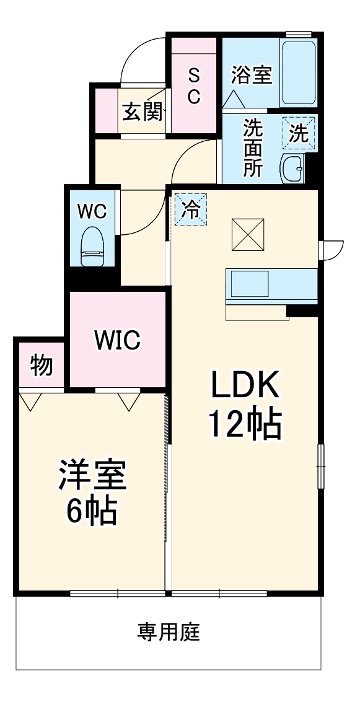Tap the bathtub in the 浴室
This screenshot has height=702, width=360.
tap(299, 72)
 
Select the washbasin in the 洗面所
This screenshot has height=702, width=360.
tap(292, 169)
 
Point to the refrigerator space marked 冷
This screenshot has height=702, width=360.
tap(191, 209)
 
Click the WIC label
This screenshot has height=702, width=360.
tap(117, 341)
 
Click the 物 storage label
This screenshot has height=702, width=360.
tap(42, 366)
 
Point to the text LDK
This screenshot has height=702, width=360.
tap(246, 385)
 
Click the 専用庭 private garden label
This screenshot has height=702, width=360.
tap(169, 632)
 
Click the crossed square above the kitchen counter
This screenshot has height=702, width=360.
tap(248, 235)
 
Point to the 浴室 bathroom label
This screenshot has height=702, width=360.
tap(252, 75)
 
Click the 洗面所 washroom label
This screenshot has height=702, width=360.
tap(253, 148)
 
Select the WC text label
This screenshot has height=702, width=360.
tap(92, 211)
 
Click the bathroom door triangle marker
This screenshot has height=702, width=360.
tap(233, 99)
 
